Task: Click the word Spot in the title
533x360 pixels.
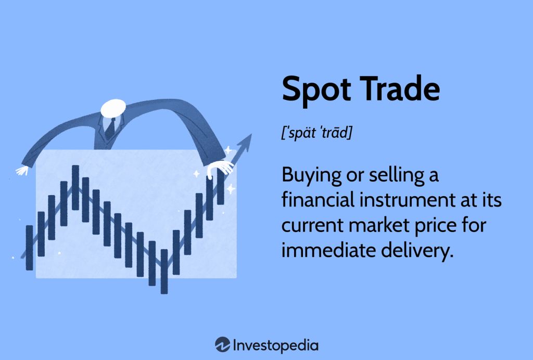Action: click(x=316, y=89)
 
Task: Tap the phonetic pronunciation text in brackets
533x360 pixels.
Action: click(x=317, y=132)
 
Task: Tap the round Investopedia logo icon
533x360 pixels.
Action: click(x=223, y=344)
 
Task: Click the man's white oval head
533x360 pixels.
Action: click(x=113, y=108)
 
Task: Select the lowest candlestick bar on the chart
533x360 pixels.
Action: click(x=164, y=272)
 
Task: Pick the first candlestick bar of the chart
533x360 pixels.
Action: click(x=30, y=248)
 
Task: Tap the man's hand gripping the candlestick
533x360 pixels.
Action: click(x=220, y=169)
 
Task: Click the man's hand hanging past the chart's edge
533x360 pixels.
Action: click(x=22, y=170)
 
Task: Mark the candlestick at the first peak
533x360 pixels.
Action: click(x=75, y=187)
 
